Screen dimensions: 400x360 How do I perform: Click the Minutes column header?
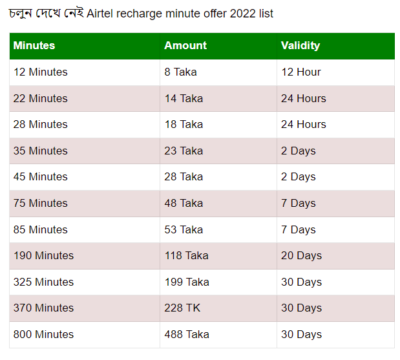point(34,45)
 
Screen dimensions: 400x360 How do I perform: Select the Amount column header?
point(185,45)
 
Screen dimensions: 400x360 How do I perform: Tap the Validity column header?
point(300,46)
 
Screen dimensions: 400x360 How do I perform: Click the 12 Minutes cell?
point(40,72)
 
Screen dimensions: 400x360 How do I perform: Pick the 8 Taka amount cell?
point(180,72)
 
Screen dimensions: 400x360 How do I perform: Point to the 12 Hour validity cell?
point(300,72)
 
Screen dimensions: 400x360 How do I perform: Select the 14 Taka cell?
point(184,98)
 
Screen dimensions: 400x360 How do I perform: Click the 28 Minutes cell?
point(40,125)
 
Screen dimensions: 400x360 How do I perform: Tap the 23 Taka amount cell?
point(184,151)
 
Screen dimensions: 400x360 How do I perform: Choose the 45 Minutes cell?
point(40,177)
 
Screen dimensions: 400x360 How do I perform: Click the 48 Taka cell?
point(184,204)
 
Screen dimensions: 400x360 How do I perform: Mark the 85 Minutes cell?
point(40,229)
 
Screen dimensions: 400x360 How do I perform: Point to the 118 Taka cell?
point(187,256)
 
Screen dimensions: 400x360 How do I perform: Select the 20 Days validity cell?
point(302,256)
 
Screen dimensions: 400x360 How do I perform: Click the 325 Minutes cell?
point(43,282)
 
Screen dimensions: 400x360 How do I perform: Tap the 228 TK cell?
point(182,308)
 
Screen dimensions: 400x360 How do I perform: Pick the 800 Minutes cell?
point(43,335)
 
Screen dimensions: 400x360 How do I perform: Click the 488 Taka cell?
point(187,335)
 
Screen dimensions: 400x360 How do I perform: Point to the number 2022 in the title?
point(242,14)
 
